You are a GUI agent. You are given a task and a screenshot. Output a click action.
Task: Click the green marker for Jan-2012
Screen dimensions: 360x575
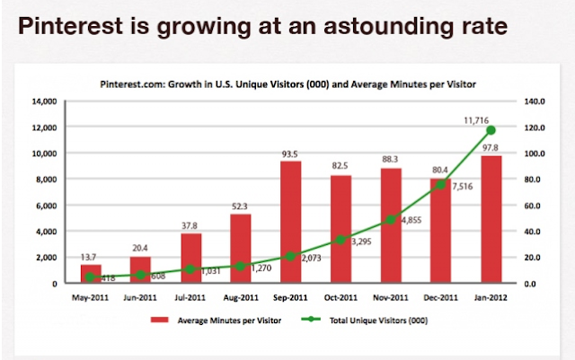[x=491, y=130]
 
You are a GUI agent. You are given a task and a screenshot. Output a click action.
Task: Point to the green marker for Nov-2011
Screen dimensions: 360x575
[x=390, y=220]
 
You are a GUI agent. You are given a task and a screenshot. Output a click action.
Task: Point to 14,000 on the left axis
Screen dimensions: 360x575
[x=44, y=101]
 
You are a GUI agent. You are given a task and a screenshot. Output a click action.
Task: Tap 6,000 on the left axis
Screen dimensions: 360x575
[x=47, y=206]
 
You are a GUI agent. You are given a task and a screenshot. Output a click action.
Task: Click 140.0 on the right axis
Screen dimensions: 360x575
[x=535, y=101]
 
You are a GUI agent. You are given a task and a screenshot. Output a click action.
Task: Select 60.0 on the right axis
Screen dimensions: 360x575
[x=533, y=206]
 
